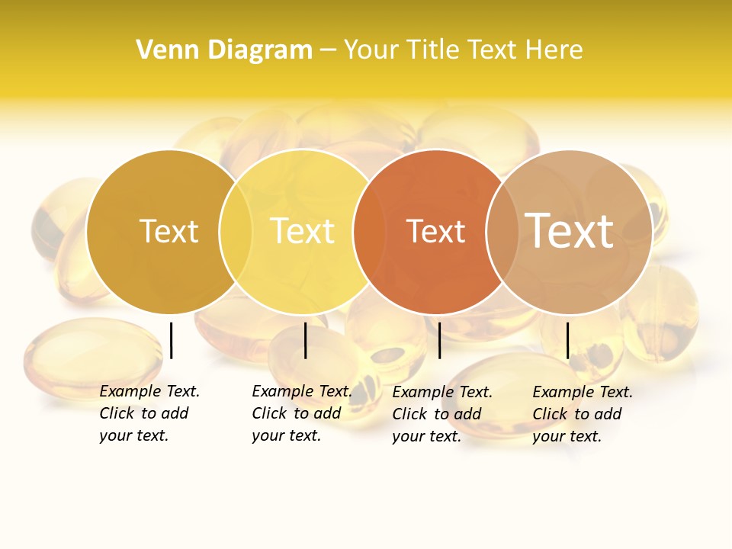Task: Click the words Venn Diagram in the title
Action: (x=224, y=50)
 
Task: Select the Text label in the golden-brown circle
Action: (x=169, y=231)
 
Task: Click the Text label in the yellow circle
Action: (x=303, y=231)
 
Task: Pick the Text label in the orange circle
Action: (x=435, y=231)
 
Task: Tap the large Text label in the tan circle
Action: (x=569, y=231)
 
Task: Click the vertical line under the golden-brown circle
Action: (x=172, y=340)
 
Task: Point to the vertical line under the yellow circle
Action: (x=305, y=340)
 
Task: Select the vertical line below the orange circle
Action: (x=440, y=340)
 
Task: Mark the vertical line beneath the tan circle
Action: (x=568, y=340)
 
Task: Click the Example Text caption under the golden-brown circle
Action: (x=149, y=413)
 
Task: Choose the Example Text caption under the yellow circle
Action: (x=301, y=413)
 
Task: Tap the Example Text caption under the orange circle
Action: (x=441, y=414)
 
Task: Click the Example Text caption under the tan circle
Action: (x=582, y=414)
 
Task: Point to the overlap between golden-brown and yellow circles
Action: (x=236, y=232)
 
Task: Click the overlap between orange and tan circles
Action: (x=500, y=232)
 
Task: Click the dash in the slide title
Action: (x=328, y=51)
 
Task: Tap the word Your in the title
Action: (x=371, y=50)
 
